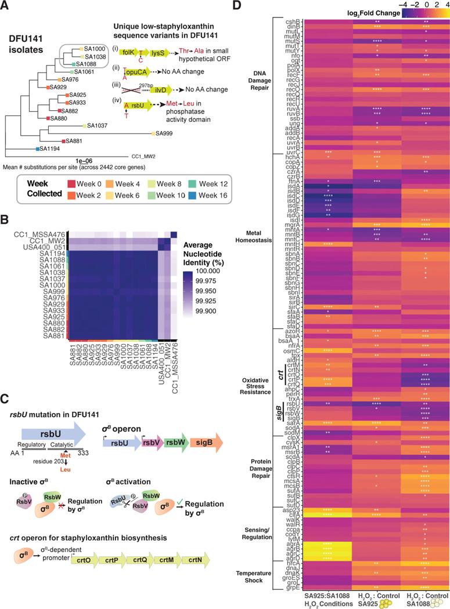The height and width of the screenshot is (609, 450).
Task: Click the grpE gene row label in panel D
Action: click(292, 587)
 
